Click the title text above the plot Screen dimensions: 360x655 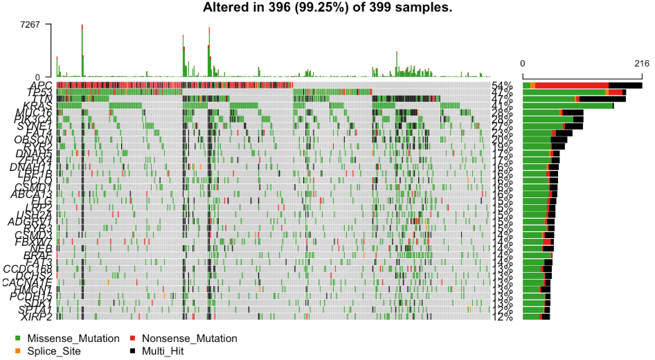[x=327, y=8]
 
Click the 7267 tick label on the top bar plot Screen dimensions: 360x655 [x=36, y=24]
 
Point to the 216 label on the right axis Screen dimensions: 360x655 [x=640, y=63]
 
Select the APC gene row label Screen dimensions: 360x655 [x=41, y=85]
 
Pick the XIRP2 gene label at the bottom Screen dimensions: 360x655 [x=38, y=316]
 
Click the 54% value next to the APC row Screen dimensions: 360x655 [x=503, y=86]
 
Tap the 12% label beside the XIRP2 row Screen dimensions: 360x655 [x=503, y=317]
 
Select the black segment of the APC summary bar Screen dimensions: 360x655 [x=625, y=85]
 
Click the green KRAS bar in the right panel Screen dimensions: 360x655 [x=568, y=106]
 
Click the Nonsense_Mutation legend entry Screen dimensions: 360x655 [x=189, y=339]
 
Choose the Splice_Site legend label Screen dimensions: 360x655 [x=54, y=351]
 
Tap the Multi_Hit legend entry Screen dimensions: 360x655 [x=163, y=351]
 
